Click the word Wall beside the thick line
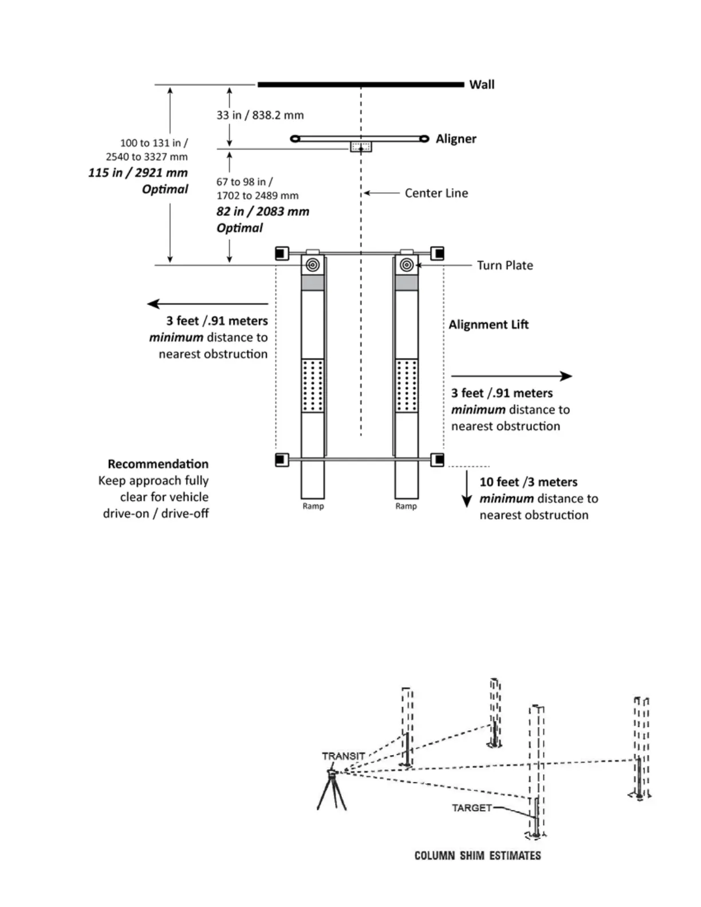(482, 85)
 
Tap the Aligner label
(456, 139)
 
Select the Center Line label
(436, 193)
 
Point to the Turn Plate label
(505, 265)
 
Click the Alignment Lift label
(489, 325)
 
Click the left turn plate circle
(313, 265)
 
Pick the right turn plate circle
(407, 265)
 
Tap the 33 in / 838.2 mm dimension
(260, 115)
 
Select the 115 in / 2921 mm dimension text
(138, 173)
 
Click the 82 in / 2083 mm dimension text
(263, 212)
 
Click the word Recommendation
(158, 464)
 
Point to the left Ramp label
(313, 506)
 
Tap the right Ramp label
(406, 506)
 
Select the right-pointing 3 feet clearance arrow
(511, 376)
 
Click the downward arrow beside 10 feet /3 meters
(467, 489)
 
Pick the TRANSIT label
(344, 756)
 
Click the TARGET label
(472, 808)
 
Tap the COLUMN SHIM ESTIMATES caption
(478, 855)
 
